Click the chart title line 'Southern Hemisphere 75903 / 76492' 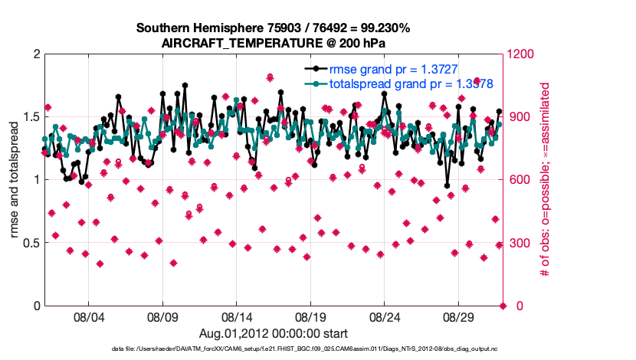pyautogui.click(x=274, y=28)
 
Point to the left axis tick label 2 pyautogui.click(x=36, y=54)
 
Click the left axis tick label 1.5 pyautogui.click(x=31, y=117)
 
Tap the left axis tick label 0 pyautogui.click(x=36, y=306)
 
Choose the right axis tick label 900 pyautogui.click(x=520, y=117)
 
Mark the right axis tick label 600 pyautogui.click(x=520, y=180)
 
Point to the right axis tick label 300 pyautogui.click(x=520, y=244)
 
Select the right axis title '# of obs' pyautogui.click(x=546, y=180)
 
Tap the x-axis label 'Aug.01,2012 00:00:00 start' pyautogui.click(x=274, y=333)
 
